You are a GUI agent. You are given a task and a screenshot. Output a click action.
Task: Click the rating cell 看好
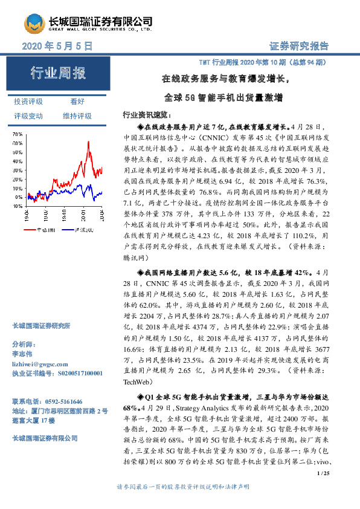77,102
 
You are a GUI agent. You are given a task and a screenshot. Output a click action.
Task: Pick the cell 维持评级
77,115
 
